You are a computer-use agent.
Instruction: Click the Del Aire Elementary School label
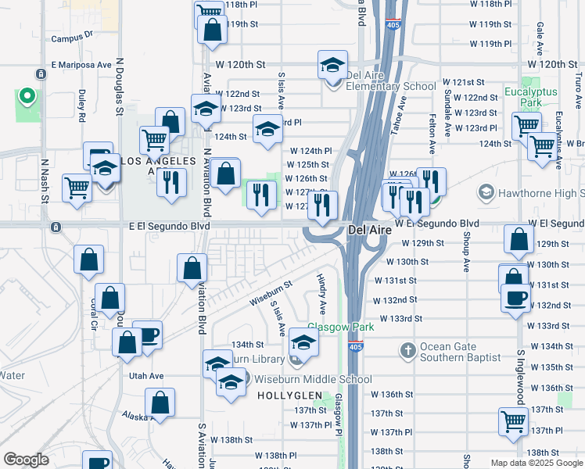pos(390,87)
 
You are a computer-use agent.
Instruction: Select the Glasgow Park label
pos(340,327)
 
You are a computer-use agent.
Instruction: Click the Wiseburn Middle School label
pos(313,379)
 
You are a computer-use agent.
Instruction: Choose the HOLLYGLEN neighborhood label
pos(286,396)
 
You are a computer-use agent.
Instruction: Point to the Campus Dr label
pos(72,36)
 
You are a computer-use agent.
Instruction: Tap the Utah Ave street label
pos(146,376)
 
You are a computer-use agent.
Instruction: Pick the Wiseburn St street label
pos(270,293)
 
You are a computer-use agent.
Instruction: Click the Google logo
pos(26,460)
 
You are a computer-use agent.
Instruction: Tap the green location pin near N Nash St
pos(27,97)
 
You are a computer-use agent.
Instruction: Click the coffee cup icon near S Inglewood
pos(515,300)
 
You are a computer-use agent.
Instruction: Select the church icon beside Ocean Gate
pos(407,351)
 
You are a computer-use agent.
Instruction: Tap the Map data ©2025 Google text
pos(536,463)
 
